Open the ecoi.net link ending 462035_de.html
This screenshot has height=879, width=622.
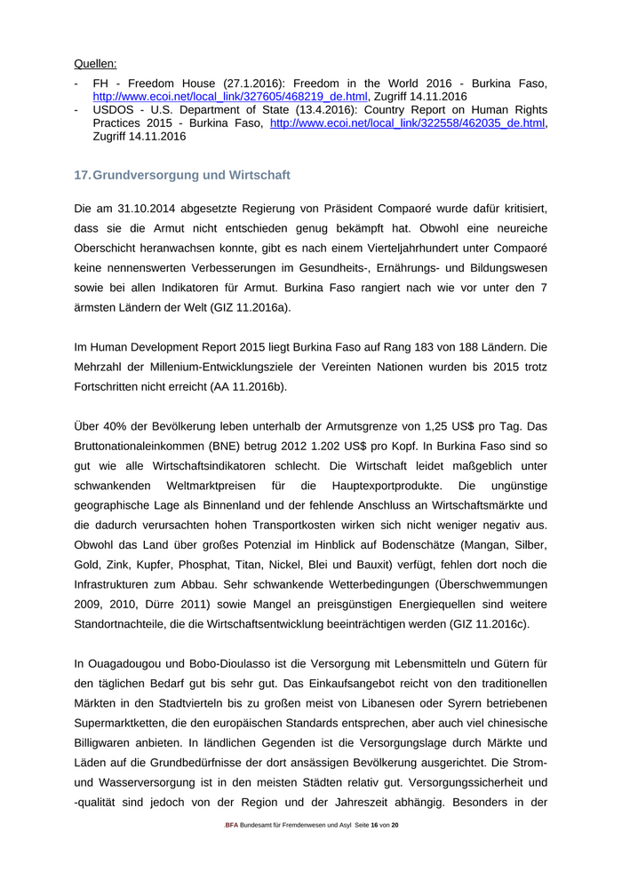pos(407,123)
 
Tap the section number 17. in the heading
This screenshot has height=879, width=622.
pos(83,175)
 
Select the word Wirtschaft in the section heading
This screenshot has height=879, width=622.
pos(258,175)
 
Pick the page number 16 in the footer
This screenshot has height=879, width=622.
pos(374,825)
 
